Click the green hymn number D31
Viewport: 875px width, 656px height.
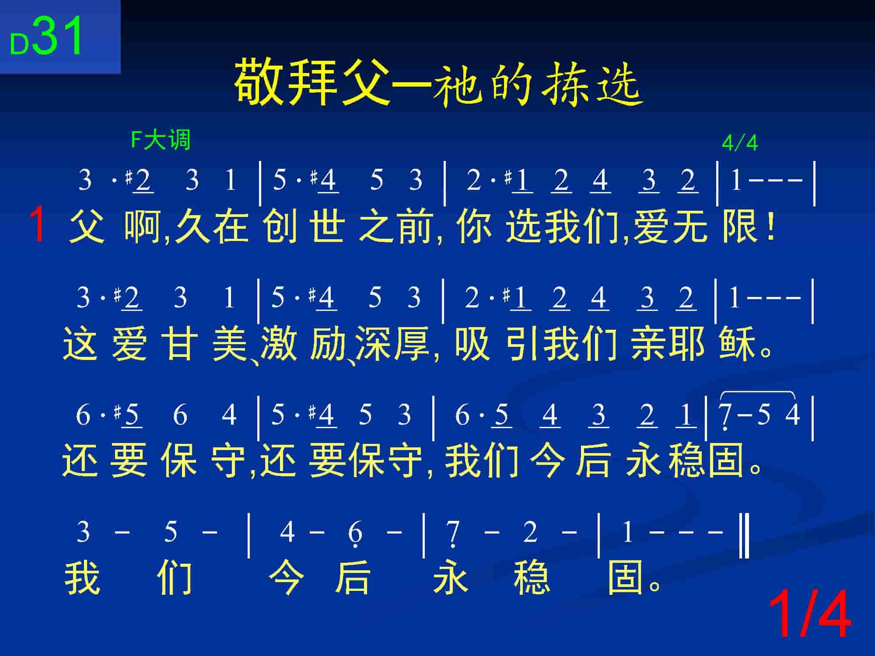(x=46, y=37)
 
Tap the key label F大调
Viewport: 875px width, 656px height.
(x=161, y=140)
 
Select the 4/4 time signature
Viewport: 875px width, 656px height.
(x=739, y=143)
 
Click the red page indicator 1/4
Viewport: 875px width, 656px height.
(x=810, y=614)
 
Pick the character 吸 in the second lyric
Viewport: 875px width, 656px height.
(x=472, y=344)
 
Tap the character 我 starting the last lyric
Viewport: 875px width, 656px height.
(x=83, y=577)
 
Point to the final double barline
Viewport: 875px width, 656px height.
(x=744, y=536)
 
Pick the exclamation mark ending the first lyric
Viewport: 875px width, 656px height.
(x=771, y=226)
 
